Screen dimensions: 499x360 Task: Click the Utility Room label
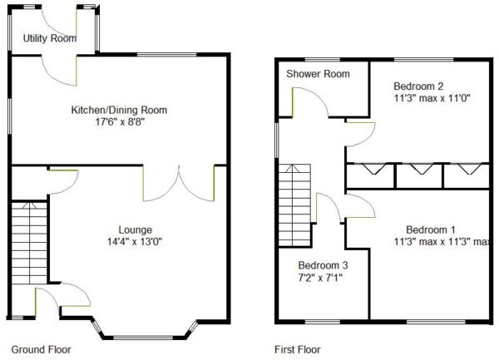[x=50, y=38]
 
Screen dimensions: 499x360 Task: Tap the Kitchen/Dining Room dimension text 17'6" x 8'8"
[x=120, y=122]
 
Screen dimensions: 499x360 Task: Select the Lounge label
[x=136, y=230]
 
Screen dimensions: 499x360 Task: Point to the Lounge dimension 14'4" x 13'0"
[x=135, y=242]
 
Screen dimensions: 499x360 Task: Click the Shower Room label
[x=318, y=74]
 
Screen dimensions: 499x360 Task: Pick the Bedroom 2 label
[x=418, y=86]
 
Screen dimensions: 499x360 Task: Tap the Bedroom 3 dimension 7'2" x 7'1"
[x=320, y=278]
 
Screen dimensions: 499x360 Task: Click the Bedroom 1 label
[x=431, y=229]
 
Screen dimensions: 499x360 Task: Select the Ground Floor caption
[x=41, y=349]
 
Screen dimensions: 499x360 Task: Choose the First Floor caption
[x=298, y=349]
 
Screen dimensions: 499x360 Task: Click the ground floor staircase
[x=29, y=243]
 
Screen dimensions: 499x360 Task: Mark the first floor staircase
[x=294, y=205]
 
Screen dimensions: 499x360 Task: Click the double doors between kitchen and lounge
[x=179, y=184]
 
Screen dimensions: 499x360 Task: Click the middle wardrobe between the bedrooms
[x=420, y=176]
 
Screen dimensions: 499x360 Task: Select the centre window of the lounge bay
[x=143, y=338]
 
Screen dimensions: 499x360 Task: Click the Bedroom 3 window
[x=323, y=322]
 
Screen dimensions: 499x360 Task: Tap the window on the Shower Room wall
[x=323, y=60]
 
